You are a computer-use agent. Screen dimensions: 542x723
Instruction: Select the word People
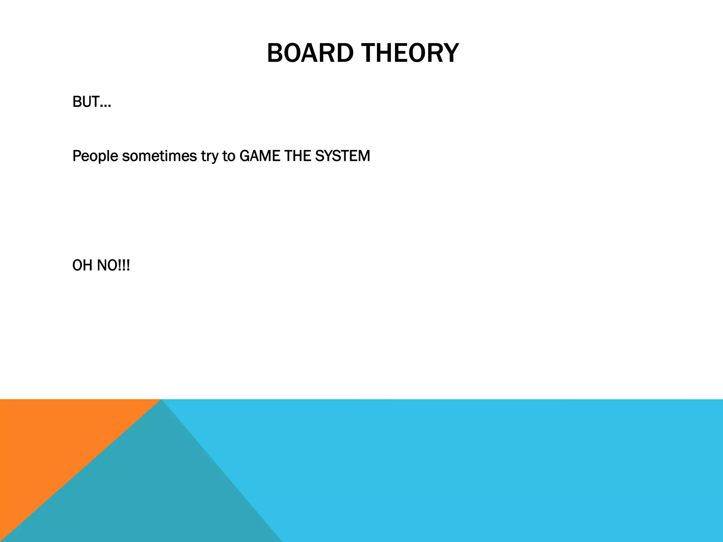95,156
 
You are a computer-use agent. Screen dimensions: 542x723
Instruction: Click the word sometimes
159,156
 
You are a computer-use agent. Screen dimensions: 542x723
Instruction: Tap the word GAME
259,156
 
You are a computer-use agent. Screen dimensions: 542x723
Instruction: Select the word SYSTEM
342,156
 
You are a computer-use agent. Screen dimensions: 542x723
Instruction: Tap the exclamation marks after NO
124,265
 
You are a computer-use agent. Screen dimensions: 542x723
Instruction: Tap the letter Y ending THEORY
450,53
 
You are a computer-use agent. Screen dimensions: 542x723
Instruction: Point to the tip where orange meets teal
161,400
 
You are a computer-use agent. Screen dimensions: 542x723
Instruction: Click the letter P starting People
77,156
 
